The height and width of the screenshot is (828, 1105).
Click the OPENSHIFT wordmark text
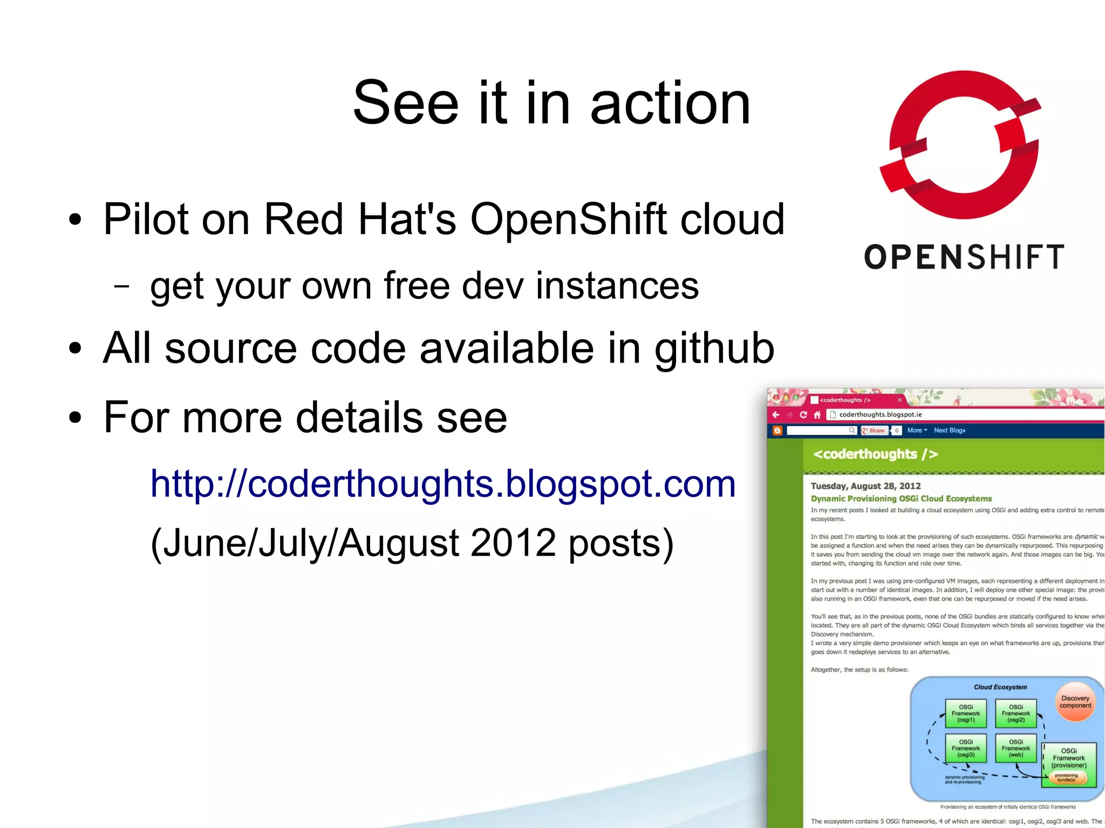964,257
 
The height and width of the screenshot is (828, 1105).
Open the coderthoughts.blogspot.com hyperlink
442,483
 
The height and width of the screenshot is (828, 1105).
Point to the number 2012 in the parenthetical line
513,543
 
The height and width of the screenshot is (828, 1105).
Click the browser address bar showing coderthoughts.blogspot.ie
917,414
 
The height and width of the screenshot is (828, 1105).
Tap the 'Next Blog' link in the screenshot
949,430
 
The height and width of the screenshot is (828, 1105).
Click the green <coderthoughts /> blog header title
875,454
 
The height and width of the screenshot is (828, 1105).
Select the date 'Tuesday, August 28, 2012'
865,486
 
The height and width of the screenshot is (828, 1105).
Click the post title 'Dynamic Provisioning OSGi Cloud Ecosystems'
901,498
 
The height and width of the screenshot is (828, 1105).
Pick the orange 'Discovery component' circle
1075,702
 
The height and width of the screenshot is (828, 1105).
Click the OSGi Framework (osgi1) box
966,714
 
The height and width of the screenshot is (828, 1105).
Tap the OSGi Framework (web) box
1015,748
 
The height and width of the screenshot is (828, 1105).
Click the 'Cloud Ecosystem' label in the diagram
1000,687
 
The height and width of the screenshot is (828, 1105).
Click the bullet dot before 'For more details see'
75,418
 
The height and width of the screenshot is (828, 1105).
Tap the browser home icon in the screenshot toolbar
817,415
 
